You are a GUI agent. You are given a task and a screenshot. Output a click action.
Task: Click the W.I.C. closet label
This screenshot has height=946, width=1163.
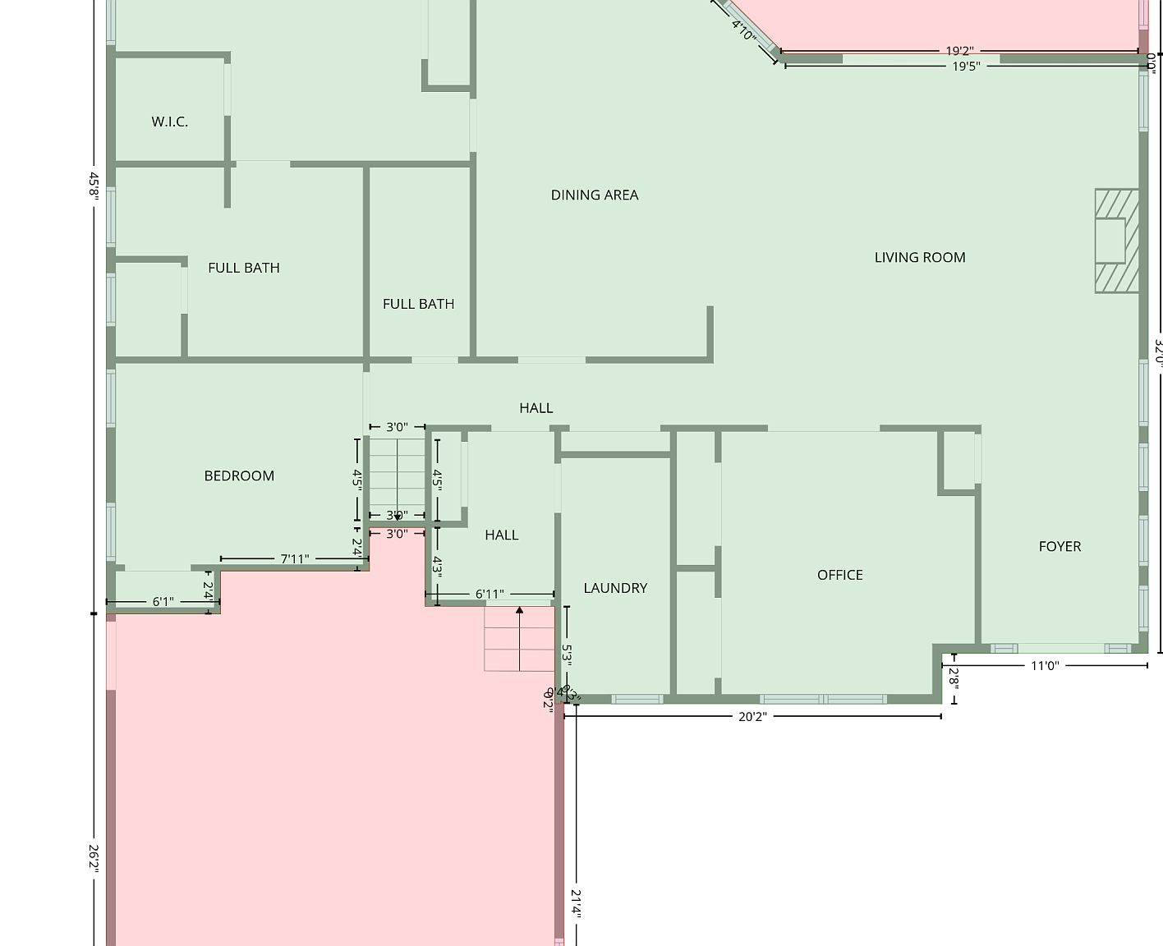click(x=169, y=122)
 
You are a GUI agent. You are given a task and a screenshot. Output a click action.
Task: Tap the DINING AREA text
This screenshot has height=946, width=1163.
click(x=594, y=195)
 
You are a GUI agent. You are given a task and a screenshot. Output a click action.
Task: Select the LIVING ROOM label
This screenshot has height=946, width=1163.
click(x=919, y=257)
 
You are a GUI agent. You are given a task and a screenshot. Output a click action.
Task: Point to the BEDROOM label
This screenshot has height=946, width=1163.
click(x=239, y=475)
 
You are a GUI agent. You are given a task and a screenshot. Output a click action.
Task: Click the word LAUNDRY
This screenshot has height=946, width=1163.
click(x=615, y=588)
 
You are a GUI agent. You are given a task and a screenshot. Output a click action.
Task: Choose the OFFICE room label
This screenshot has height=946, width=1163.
click(x=839, y=575)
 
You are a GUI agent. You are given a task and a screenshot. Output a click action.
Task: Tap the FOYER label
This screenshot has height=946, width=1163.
click(x=1060, y=546)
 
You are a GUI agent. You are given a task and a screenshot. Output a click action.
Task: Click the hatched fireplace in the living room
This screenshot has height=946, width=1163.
click(x=1116, y=241)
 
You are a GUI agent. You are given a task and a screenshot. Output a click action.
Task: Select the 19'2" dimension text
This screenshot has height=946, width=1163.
click(x=959, y=51)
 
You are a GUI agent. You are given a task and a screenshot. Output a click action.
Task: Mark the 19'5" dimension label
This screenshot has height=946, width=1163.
click(x=966, y=66)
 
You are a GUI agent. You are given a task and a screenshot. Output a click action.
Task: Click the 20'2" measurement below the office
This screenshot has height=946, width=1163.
click(x=752, y=717)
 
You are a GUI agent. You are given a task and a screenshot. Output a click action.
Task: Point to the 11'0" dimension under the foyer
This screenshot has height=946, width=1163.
click(x=1045, y=666)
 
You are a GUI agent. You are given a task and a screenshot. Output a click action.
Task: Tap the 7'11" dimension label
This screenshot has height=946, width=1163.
click(x=295, y=559)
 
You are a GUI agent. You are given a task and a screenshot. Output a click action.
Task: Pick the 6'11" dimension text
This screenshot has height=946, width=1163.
click(x=490, y=595)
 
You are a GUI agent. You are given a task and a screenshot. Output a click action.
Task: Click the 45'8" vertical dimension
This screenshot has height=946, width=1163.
click(x=94, y=184)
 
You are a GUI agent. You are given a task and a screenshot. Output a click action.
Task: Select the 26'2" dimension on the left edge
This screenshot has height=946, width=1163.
click(x=94, y=858)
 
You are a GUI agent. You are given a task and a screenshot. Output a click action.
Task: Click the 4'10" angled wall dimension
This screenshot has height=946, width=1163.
click(x=743, y=31)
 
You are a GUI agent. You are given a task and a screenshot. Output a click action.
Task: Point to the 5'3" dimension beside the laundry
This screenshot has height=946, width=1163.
click(x=567, y=654)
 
